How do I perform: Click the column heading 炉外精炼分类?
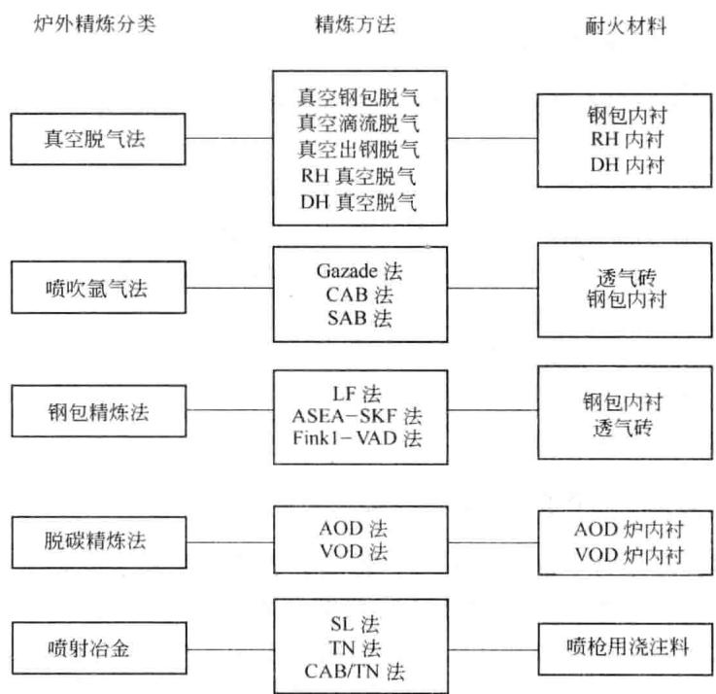pyautogui.click(x=94, y=23)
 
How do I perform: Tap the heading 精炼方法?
pyautogui.click(x=356, y=24)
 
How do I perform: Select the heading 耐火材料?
pyautogui.click(x=625, y=25)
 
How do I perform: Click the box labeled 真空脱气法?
pyautogui.click(x=98, y=139)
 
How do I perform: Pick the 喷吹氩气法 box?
pyautogui.click(x=99, y=288)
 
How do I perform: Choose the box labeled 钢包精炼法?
pyautogui.click(x=99, y=411)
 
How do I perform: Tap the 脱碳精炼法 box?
pyautogui.click(x=99, y=542)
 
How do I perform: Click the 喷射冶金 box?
pyautogui.click(x=99, y=648)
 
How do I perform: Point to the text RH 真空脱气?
pyautogui.click(x=358, y=176)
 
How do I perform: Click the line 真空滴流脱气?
pyautogui.click(x=358, y=122)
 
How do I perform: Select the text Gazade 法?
pyautogui.click(x=359, y=271)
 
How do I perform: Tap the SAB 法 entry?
pyautogui.click(x=359, y=318)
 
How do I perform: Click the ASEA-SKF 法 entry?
pyautogui.click(x=358, y=416)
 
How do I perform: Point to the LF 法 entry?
pyautogui.click(x=357, y=394)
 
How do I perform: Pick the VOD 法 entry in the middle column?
pyautogui.click(x=354, y=551)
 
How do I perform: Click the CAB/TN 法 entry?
pyautogui.click(x=355, y=671)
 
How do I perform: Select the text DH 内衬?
pyautogui.click(x=627, y=164)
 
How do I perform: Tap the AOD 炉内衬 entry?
pyautogui.click(x=629, y=529)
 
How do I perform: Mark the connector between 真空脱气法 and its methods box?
pyautogui.click(x=229, y=137)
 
